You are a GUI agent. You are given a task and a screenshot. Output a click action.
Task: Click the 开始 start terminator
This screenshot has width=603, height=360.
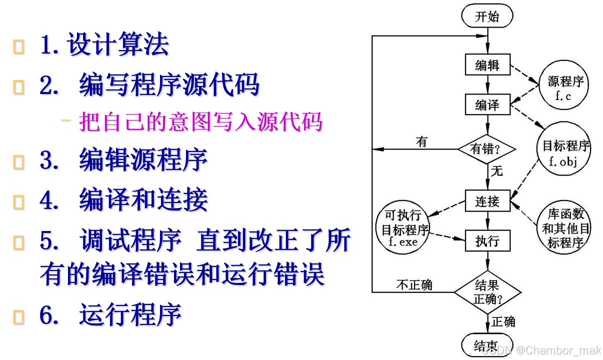[487, 16]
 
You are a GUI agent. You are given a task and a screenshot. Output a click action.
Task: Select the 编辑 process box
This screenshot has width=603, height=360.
[487, 64]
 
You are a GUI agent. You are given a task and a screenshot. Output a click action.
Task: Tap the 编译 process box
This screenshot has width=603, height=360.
[487, 104]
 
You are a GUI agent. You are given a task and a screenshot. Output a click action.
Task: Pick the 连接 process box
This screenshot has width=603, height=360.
[487, 201]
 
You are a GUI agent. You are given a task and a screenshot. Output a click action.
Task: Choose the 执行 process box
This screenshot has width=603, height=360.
[487, 240]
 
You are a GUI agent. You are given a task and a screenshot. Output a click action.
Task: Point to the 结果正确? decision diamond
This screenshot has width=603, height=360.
[487, 292]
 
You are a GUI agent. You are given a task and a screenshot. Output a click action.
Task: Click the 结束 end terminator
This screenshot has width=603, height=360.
[486, 345]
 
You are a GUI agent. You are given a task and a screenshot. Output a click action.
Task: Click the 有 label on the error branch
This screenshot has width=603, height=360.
[421, 142]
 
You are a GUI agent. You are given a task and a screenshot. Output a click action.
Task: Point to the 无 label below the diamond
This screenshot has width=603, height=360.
[497, 171]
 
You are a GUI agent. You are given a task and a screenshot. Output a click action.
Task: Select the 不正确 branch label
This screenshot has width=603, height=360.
[414, 285]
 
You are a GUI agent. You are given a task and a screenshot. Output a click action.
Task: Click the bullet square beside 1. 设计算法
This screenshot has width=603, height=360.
[19, 47]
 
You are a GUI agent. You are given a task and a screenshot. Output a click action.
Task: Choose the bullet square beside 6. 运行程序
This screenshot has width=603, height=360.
[19, 317]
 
